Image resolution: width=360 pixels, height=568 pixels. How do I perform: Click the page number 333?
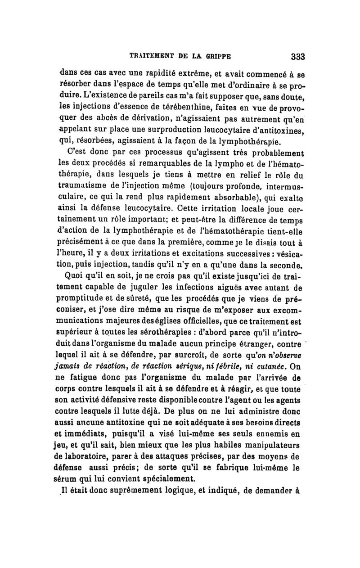(298, 57)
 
